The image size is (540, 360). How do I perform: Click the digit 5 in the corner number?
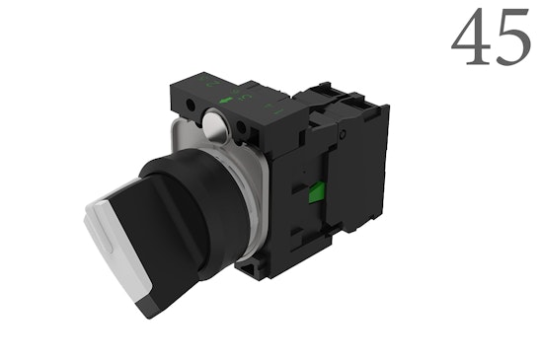(510, 41)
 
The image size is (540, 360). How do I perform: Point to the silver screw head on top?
(214, 123)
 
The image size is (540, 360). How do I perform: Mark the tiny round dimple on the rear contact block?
(342, 133)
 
